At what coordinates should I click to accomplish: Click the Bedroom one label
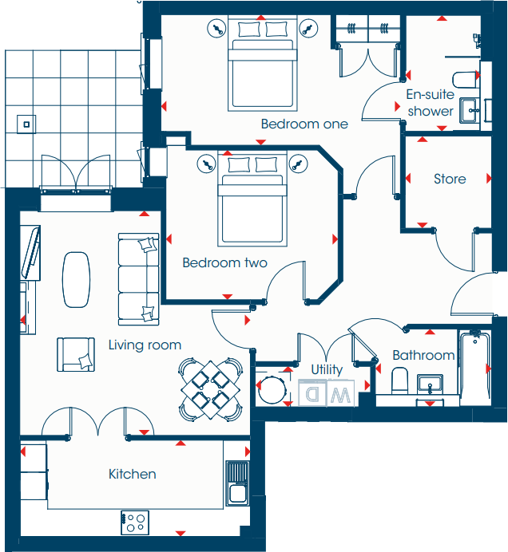point(304,124)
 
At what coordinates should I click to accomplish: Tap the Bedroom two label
point(224,262)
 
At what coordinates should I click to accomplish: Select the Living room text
point(145,345)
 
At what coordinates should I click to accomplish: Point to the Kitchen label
point(133,474)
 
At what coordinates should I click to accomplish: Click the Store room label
point(450,179)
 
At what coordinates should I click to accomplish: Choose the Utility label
point(327,369)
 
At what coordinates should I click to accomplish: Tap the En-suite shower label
point(431,103)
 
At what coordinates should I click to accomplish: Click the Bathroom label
point(423,356)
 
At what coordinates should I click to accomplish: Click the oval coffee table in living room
point(77,279)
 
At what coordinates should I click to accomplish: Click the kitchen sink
point(238,483)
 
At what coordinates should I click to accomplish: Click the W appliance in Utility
point(339,394)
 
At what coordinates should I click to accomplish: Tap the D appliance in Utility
point(312,394)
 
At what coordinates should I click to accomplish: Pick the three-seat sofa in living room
point(138,279)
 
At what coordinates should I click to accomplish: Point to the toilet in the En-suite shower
point(464,81)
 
